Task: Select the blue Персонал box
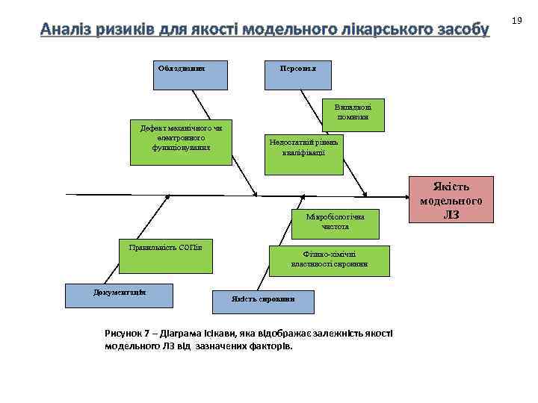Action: [x=298, y=75]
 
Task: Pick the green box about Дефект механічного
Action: [x=180, y=141]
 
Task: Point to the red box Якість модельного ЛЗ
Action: [x=451, y=200]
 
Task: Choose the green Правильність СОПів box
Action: [x=165, y=255]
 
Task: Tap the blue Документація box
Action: [x=120, y=296]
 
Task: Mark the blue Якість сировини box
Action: [x=264, y=300]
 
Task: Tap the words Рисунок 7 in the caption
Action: [x=128, y=334]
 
